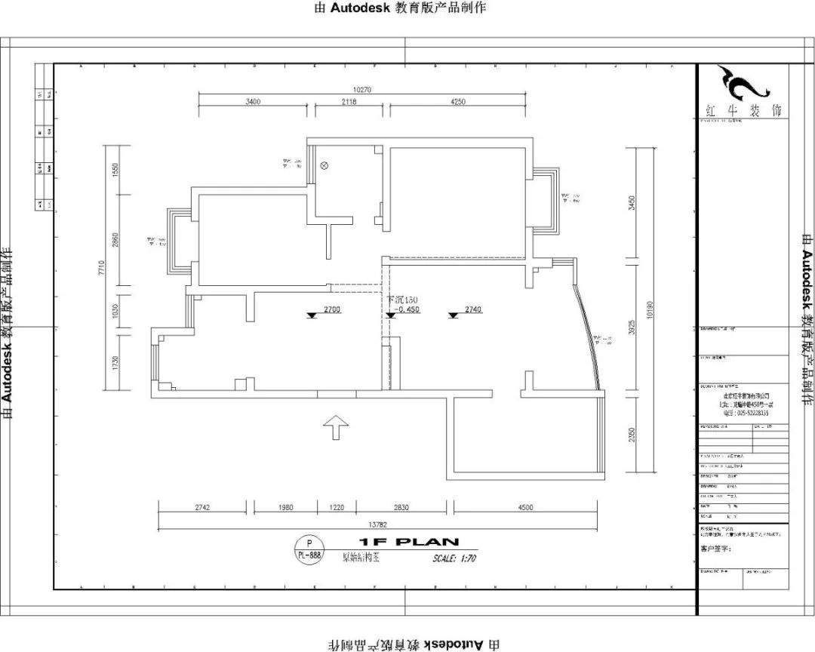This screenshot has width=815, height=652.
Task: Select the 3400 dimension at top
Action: (253, 101)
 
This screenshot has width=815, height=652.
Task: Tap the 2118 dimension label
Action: (348, 101)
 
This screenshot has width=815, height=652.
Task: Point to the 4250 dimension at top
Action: (457, 101)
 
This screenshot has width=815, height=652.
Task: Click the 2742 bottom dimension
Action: (202, 508)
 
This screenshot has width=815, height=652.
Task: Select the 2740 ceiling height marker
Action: (472, 309)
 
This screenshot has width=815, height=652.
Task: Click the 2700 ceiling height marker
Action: (332, 309)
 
